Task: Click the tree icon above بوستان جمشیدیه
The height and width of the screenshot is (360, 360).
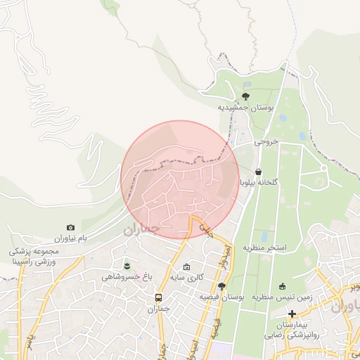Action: coord(245,96)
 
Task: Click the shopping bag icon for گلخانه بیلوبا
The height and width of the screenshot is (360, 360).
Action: coord(259,171)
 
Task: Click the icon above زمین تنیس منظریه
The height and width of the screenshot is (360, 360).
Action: coord(283,286)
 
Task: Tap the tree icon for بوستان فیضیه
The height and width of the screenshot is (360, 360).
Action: coord(222,286)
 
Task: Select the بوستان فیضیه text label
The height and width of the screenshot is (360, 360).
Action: coord(221,297)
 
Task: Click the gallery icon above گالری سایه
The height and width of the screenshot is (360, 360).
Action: coord(186,266)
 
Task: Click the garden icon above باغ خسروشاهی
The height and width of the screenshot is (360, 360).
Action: coord(127,265)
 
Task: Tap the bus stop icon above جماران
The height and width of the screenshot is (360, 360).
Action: coord(158,297)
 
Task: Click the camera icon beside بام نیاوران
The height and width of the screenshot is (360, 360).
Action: coord(70,227)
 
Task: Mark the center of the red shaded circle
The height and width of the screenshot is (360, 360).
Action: coord(180,180)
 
